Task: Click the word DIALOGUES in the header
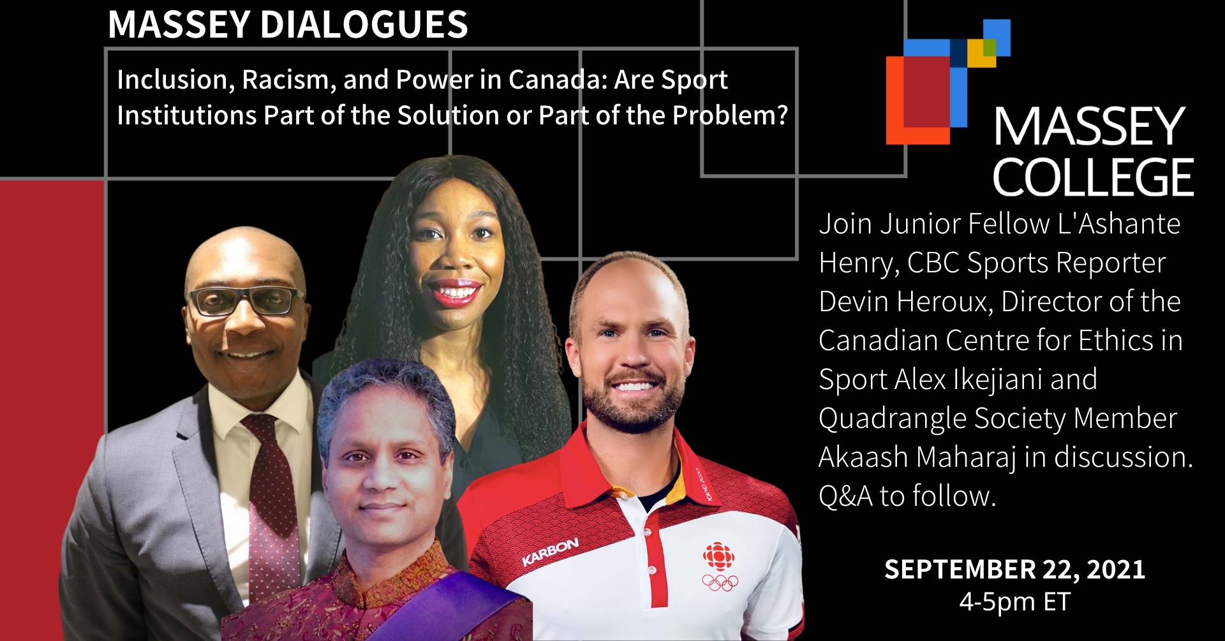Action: pos(364,25)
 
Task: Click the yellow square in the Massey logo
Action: pos(981,53)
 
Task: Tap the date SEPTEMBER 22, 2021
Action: pos(1014,569)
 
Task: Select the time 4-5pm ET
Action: pos(1014,601)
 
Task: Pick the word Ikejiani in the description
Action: pos(998,379)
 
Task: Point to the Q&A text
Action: pos(845,496)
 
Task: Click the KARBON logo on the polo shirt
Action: pos(551,552)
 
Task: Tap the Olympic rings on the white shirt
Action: pos(720,582)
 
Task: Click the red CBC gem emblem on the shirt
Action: pos(719,557)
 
